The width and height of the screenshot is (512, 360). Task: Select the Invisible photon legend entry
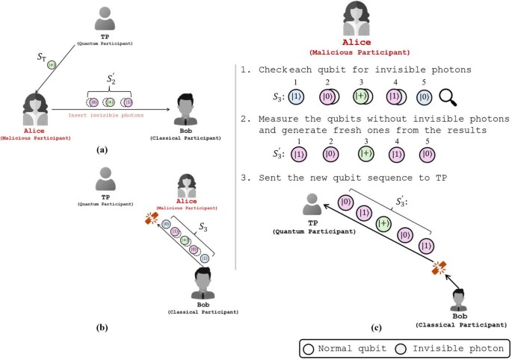[x=445, y=349]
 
